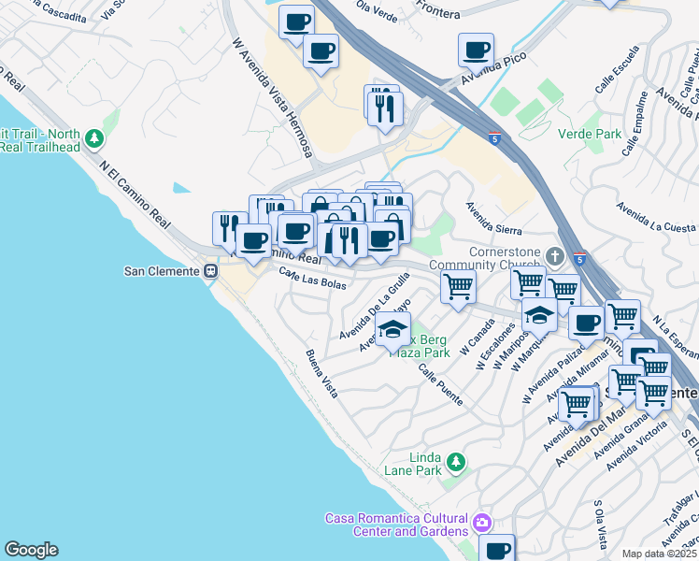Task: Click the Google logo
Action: click(x=31, y=550)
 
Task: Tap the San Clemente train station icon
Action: click(x=211, y=271)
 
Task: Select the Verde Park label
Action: click(x=589, y=134)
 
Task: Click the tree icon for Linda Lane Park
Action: click(x=455, y=461)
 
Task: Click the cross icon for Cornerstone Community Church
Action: click(x=555, y=254)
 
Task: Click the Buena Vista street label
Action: click(x=321, y=375)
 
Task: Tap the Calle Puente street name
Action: click(x=440, y=384)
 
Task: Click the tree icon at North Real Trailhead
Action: click(x=93, y=139)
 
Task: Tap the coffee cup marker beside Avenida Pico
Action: click(x=476, y=50)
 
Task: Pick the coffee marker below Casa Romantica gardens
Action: click(x=497, y=549)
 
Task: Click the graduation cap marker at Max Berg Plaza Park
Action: click(x=393, y=329)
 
